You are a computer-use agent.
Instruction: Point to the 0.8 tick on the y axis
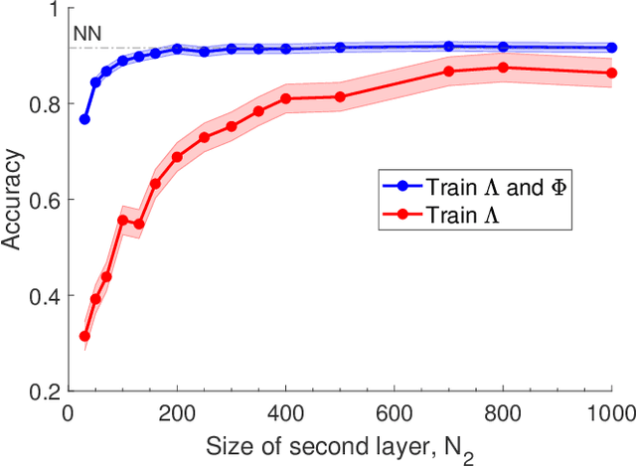47,104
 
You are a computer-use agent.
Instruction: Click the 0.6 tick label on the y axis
47,200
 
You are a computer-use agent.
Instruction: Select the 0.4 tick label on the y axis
47,296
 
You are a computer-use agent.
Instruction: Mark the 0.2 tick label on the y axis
47,391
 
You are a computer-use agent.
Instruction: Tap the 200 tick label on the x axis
177,410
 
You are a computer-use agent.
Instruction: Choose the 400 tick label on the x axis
285,410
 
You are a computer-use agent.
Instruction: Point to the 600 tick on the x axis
394,410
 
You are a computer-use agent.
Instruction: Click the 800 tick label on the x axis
502,410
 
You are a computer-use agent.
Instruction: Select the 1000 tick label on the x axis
607,410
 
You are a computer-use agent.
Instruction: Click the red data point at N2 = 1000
611,73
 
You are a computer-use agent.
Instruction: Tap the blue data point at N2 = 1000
611,47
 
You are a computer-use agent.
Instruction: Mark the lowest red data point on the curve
84,337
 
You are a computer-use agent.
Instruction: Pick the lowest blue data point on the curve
84,119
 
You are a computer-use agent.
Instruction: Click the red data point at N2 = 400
285,98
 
